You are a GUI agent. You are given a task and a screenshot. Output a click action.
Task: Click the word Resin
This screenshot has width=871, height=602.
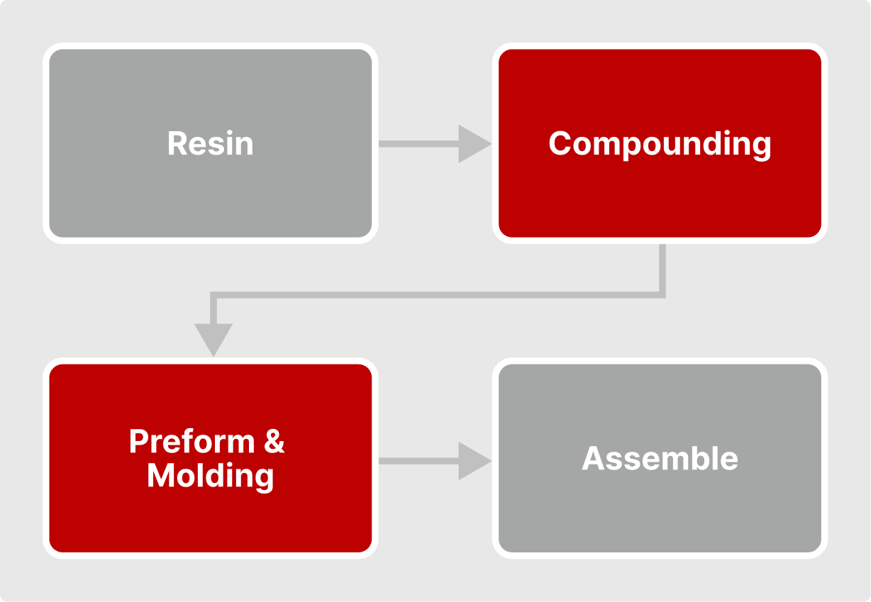tap(210, 143)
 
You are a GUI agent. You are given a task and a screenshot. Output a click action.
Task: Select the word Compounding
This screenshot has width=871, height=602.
tap(660, 144)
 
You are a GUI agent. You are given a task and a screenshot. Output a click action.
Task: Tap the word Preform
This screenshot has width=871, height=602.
tap(192, 442)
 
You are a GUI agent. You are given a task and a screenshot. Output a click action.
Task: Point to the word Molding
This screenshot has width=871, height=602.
tap(210, 476)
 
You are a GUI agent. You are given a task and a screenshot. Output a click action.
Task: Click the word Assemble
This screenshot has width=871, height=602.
tap(660, 459)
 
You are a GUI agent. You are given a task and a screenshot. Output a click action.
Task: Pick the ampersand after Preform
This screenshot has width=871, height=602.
tap(274, 442)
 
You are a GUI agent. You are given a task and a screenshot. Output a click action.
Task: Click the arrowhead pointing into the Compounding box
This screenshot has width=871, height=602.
tap(474, 144)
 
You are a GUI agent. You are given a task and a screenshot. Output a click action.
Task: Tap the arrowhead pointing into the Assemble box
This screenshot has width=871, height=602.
tap(474, 461)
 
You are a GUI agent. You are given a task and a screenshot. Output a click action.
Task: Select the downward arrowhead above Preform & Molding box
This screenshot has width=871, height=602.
tap(213, 339)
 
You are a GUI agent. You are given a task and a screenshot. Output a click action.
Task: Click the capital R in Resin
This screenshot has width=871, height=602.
tap(177, 143)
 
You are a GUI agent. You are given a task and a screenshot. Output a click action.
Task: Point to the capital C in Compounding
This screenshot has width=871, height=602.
tap(560, 143)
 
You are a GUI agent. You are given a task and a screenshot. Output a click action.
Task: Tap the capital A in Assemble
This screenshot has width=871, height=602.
tap(594, 459)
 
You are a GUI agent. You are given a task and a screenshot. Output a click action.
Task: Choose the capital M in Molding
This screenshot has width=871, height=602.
tap(160, 476)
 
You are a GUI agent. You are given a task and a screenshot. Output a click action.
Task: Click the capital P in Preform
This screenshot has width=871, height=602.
tap(139, 442)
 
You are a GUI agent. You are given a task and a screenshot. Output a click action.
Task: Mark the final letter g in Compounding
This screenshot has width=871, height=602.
tap(761, 147)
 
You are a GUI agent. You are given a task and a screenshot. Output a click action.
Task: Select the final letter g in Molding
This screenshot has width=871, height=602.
tap(264, 479)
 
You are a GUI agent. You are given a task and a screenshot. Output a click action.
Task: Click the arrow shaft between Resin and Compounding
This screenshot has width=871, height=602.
tap(418, 144)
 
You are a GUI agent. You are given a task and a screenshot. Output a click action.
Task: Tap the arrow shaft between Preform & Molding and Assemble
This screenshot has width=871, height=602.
tap(418, 461)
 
